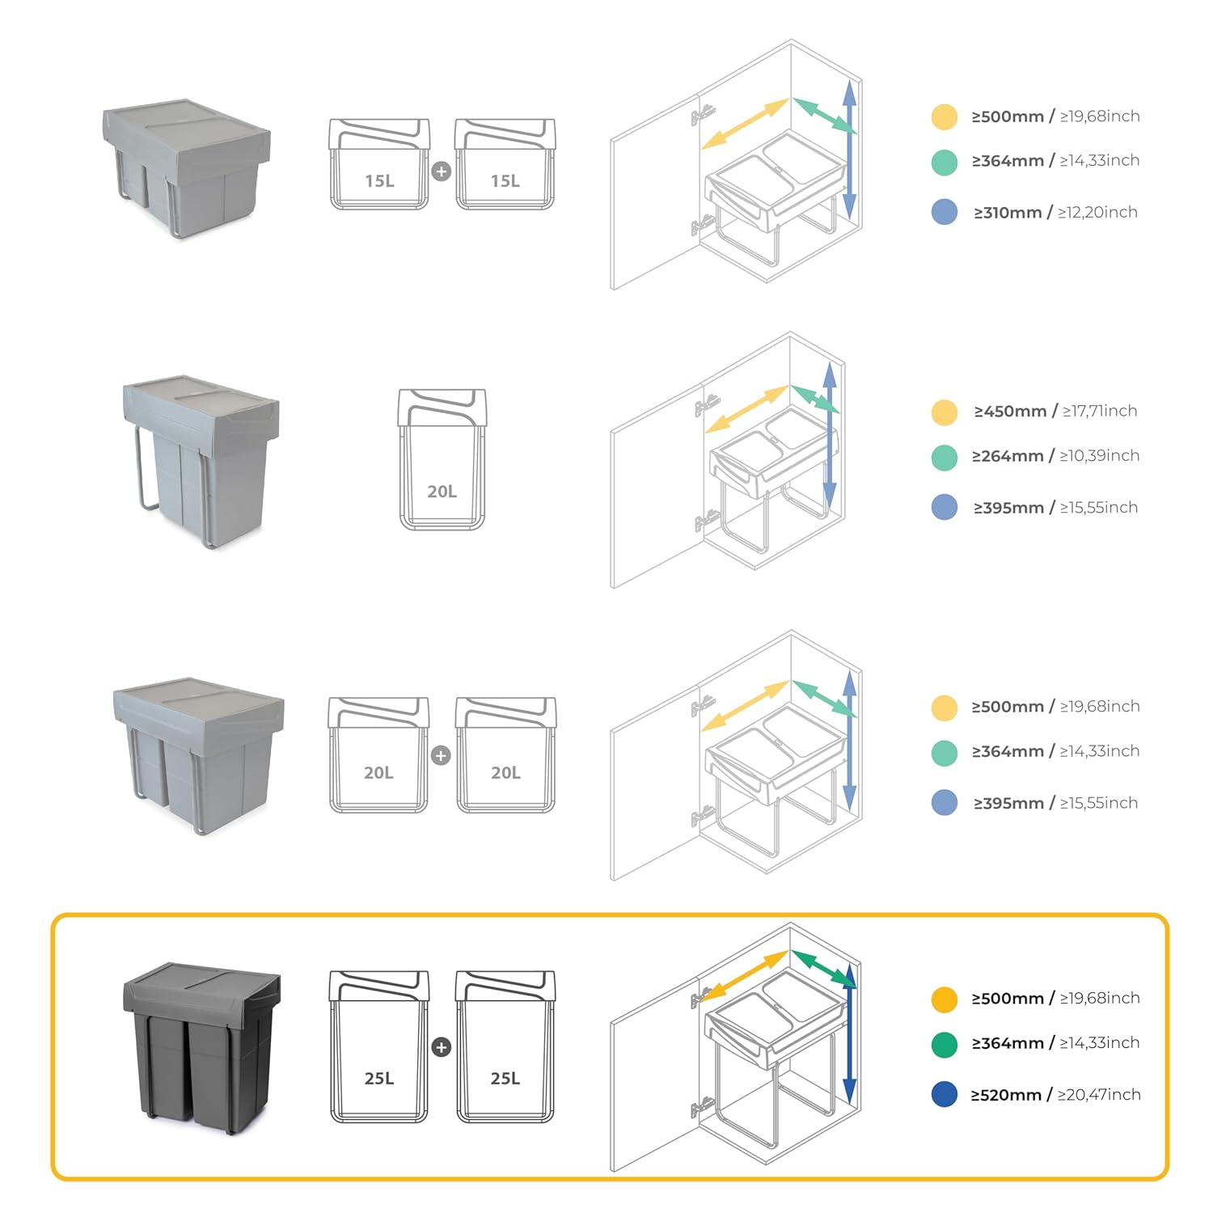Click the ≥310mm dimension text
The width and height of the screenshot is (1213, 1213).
click(1008, 213)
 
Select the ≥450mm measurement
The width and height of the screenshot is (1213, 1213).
click(1010, 412)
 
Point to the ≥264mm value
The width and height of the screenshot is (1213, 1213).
click(1008, 456)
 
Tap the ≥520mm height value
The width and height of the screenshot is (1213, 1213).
click(1006, 1095)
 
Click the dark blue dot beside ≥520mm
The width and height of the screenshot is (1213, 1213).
click(944, 1095)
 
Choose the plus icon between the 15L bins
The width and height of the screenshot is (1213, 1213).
click(441, 171)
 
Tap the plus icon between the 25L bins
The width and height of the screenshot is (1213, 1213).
click(441, 1047)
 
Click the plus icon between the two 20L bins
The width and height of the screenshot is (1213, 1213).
click(441, 755)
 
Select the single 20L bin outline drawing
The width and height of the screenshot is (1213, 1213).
click(442, 459)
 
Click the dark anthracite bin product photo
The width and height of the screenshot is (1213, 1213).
click(201, 1047)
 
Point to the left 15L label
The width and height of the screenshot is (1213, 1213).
click(379, 181)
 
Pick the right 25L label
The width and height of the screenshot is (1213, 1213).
click(505, 1079)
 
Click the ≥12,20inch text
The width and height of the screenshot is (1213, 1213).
click(1097, 213)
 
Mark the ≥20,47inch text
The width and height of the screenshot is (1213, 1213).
click(1099, 1095)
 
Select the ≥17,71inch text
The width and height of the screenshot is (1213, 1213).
click(1100, 412)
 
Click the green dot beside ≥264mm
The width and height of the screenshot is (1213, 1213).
click(944, 457)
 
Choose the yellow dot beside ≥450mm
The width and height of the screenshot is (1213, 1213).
click(944, 412)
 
